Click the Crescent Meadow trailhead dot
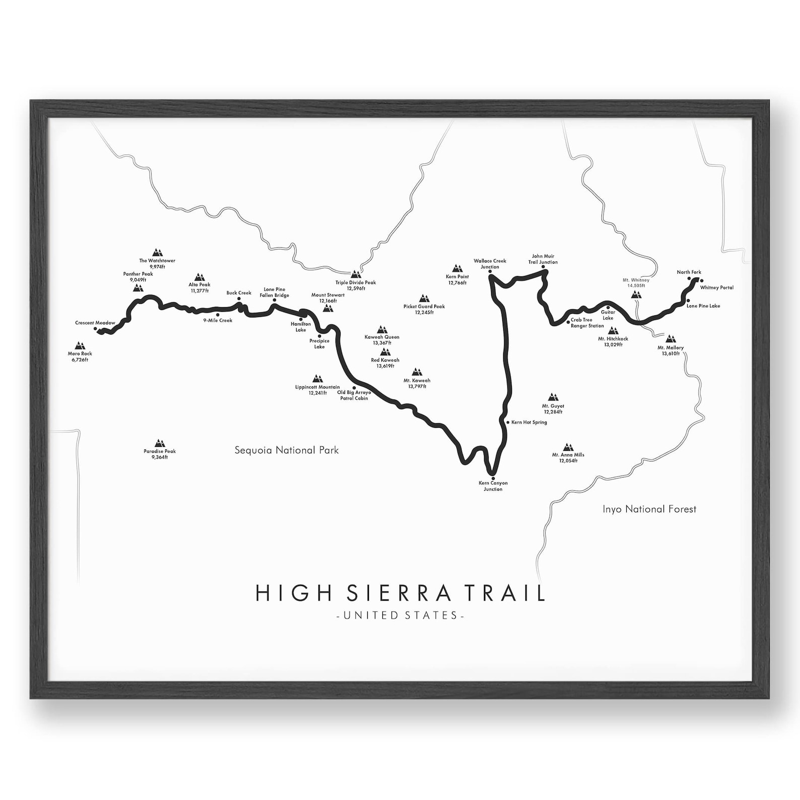coord(95,328)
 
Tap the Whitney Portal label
coord(717,288)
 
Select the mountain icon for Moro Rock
coord(79,346)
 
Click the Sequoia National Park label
coord(287,450)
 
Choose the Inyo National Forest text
coord(649,509)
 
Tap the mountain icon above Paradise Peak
coord(160,443)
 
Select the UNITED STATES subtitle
coord(400,615)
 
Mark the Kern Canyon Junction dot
coord(493,478)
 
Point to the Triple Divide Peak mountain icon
coord(356,275)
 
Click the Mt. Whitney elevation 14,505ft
coord(636,286)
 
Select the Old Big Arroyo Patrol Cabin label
coord(354,395)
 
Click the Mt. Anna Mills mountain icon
coord(568,447)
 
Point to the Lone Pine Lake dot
coord(689,301)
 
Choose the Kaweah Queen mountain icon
coord(382,329)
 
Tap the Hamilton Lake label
coord(301,327)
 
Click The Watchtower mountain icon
coord(158,252)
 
